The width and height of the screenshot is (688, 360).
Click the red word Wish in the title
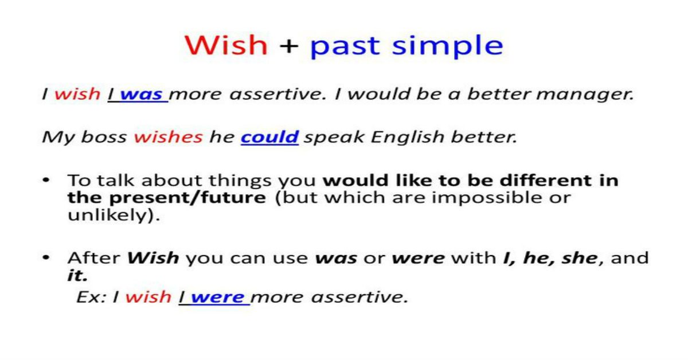pos(226,45)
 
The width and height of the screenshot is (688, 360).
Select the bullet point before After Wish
pos(46,257)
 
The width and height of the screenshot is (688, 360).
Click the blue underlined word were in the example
pos(217,298)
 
